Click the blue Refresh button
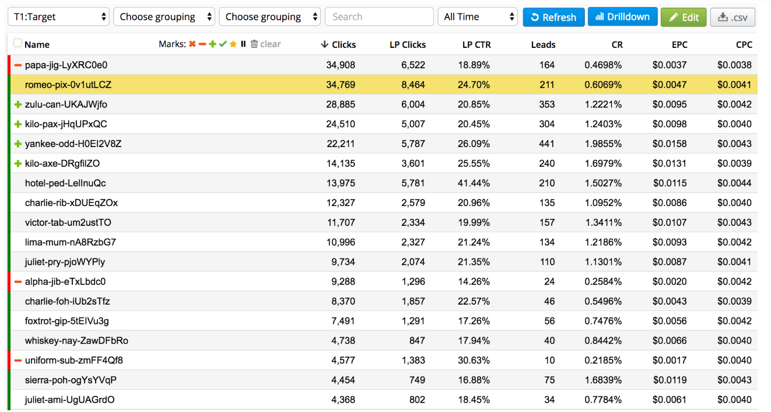point(553,17)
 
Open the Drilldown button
point(622,17)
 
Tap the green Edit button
point(684,17)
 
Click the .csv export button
point(733,17)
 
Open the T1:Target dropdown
point(58,17)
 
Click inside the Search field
point(379,17)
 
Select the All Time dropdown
point(477,17)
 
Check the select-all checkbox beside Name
point(17,43)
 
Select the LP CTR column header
point(476,44)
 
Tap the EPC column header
point(679,44)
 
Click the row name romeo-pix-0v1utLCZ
point(68,85)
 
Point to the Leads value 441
point(546,144)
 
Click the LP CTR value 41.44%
point(474,183)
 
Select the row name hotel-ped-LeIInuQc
point(65,183)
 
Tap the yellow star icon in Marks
point(233,44)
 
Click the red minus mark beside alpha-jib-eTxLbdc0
point(18,282)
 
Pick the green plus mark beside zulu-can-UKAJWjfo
point(18,104)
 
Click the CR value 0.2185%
point(603,360)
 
